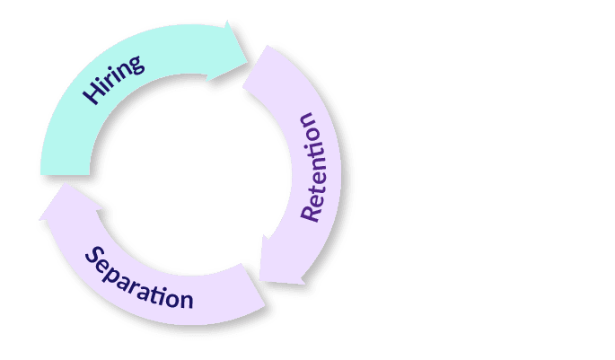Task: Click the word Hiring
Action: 113,80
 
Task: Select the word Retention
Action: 320,167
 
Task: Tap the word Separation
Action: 139,278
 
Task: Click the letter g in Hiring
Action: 136,65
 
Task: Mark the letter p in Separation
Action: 117,274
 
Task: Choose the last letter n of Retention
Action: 307,121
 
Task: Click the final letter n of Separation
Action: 186,299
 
